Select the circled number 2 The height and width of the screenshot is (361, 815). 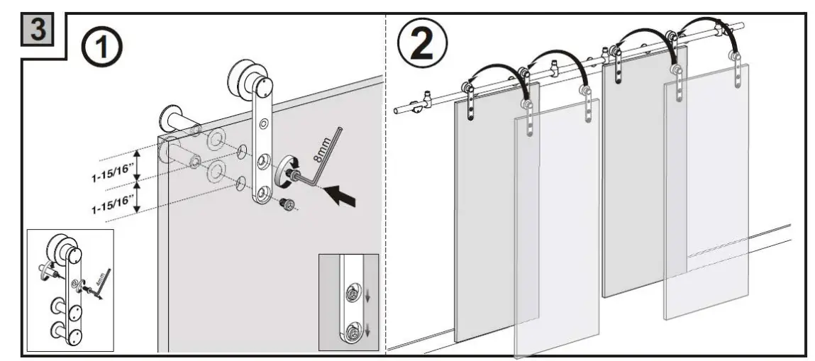tap(423, 43)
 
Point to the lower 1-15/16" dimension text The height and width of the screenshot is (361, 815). tap(112, 201)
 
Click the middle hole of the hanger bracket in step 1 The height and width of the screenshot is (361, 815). tap(263, 161)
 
